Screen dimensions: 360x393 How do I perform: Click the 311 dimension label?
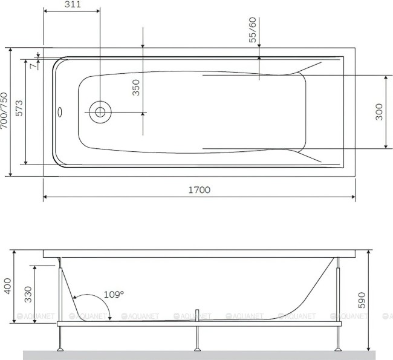pyautogui.click(x=72, y=4)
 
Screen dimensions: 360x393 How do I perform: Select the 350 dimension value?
pyautogui.click(x=136, y=89)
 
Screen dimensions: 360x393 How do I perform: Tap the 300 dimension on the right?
pyautogui.click(x=379, y=112)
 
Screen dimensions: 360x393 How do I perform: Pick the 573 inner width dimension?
pyautogui.click(x=19, y=108)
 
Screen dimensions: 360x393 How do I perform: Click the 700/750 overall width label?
pyautogui.click(x=4, y=112)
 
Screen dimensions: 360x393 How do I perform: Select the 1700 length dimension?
pyautogui.click(x=199, y=189)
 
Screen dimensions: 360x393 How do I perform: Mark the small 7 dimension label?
pyautogui.click(x=33, y=65)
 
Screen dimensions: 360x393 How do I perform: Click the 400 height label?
pyautogui.click(x=7, y=285)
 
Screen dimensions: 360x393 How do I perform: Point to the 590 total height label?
pyautogui.click(x=362, y=300)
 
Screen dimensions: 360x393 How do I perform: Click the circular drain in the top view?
pyautogui.click(x=99, y=112)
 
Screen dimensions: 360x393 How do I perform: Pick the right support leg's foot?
pyautogui.click(x=339, y=349)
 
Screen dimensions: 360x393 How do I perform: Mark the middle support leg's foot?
pyautogui.click(x=198, y=349)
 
